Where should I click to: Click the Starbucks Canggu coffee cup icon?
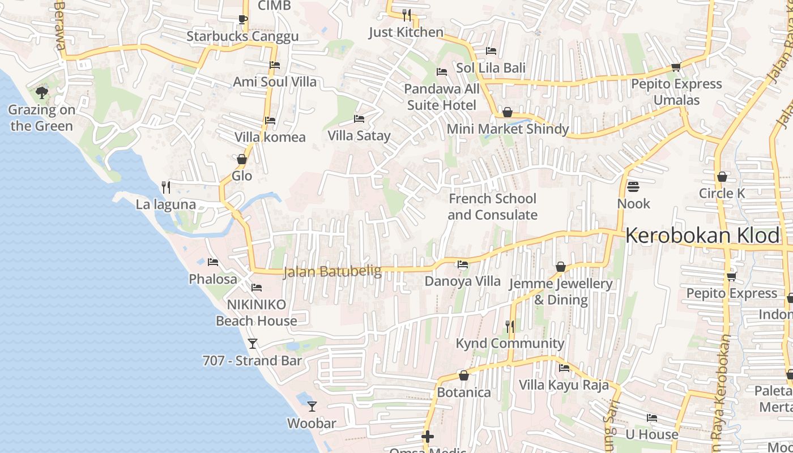(x=242, y=20)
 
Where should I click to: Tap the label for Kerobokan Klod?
(x=702, y=236)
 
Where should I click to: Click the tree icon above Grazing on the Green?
(x=41, y=92)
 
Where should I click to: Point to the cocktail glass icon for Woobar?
(x=312, y=407)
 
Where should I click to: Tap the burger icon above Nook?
(x=633, y=186)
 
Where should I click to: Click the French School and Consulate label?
(x=492, y=207)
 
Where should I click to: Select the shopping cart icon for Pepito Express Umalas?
(x=676, y=67)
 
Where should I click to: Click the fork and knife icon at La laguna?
(x=166, y=187)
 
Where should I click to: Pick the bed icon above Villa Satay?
(x=359, y=119)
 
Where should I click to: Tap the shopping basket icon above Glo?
(x=242, y=159)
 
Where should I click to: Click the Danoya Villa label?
(x=463, y=281)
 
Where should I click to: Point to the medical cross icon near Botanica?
(x=428, y=437)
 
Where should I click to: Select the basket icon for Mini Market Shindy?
(x=508, y=112)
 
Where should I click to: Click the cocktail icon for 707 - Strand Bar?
(x=253, y=344)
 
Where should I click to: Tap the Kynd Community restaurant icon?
(x=510, y=326)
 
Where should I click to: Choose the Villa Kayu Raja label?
(x=564, y=385)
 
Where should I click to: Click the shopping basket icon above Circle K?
(x=722, y=177)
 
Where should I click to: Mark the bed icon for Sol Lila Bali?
(x=491, y=51)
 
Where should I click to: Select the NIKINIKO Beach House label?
(x=256, y=313)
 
